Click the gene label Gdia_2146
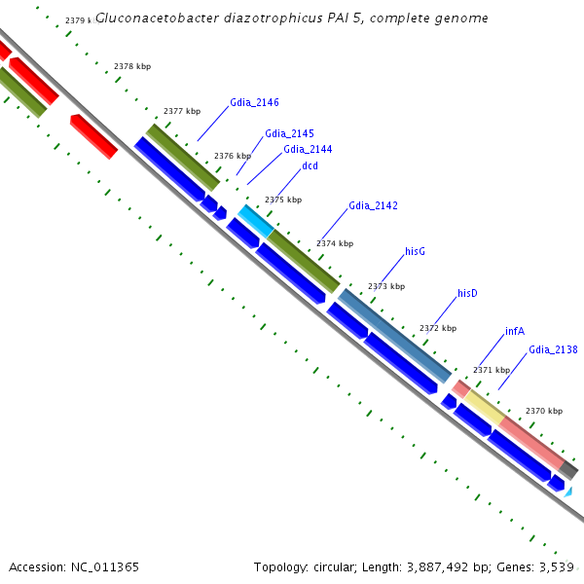254,101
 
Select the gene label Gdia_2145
289,133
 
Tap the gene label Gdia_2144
308,149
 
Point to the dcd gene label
310,165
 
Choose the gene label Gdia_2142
373,205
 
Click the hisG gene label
415,251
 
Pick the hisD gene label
467,293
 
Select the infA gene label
515,331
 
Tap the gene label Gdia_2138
553,348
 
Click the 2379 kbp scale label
82,20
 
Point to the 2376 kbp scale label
232,156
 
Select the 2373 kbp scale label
385,286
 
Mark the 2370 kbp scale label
543,411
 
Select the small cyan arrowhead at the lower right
567,493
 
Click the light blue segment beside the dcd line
255,222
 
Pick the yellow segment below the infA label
483,406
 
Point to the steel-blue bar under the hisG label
394,335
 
